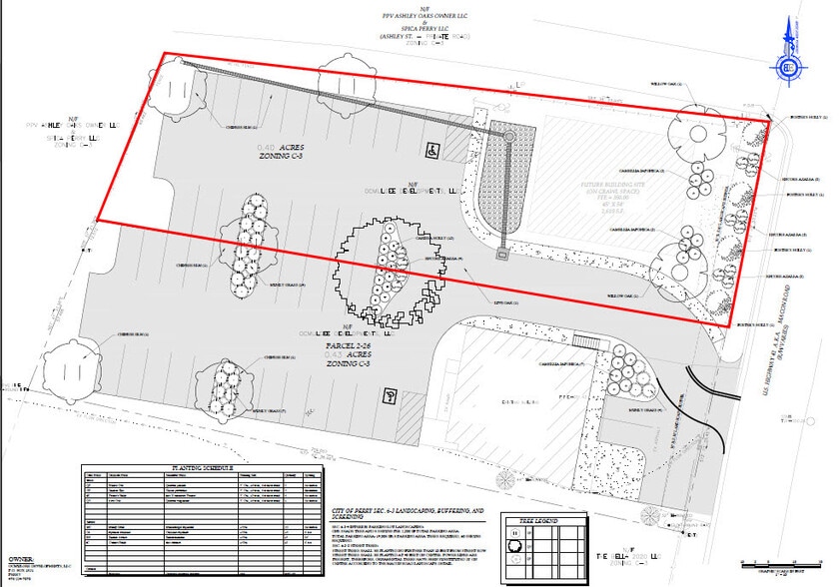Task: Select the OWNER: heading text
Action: tap(22, 560)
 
